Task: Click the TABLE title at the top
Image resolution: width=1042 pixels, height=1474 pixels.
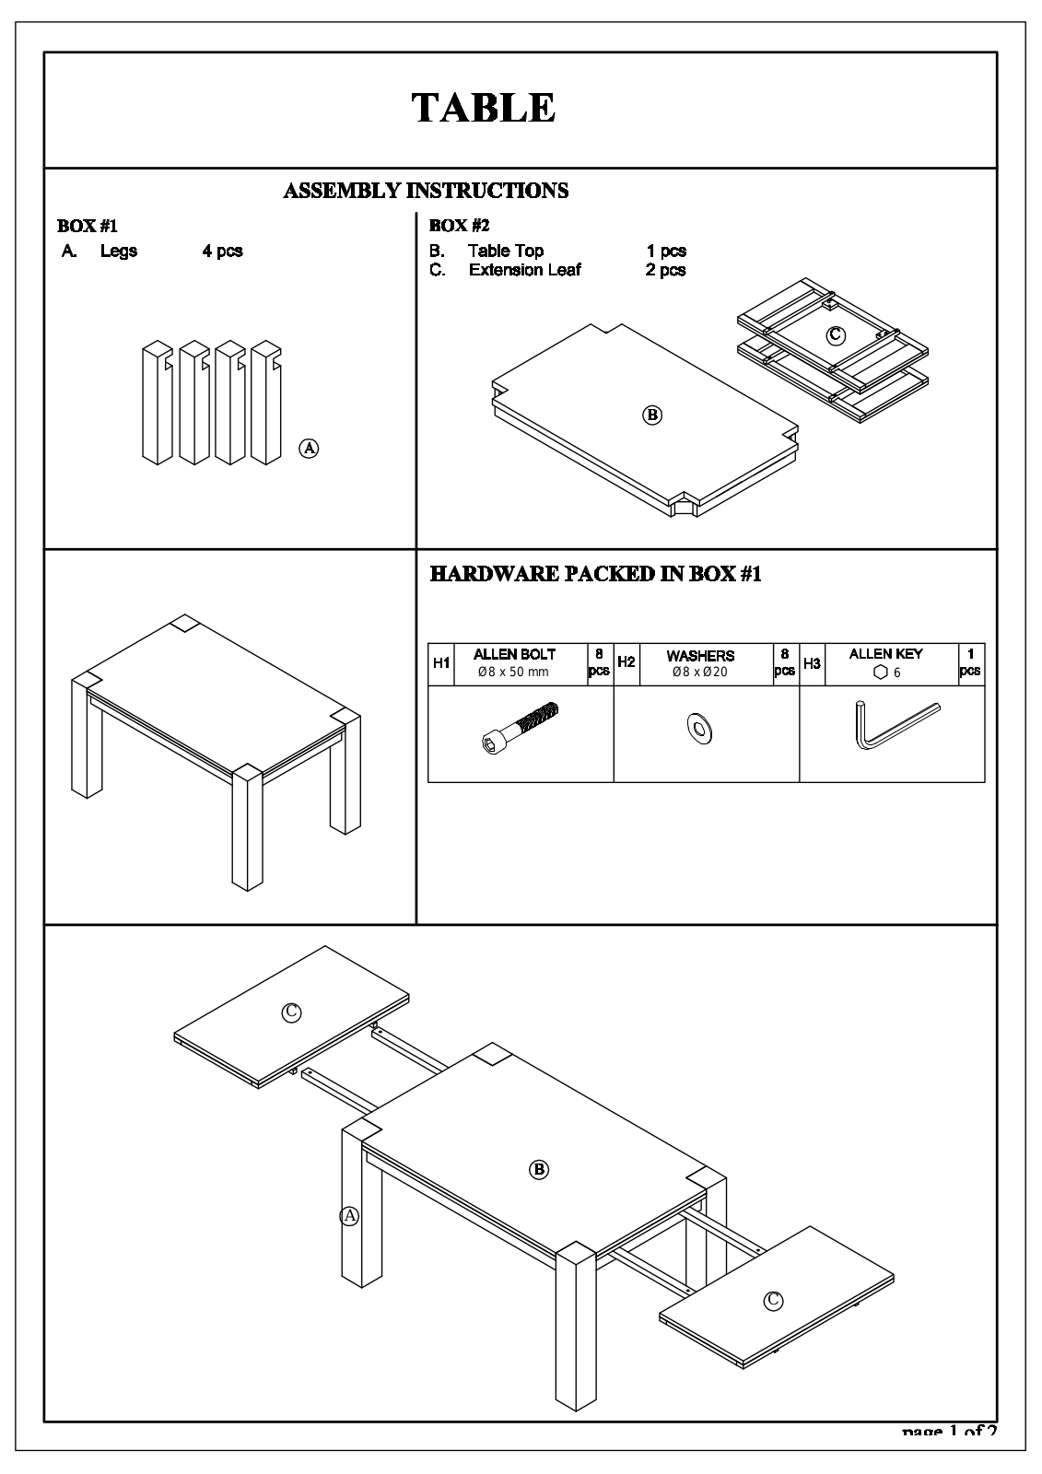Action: point(483,108)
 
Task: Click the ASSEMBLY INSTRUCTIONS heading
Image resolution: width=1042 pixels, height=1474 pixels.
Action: point(426,191)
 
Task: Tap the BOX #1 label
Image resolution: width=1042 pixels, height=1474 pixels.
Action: point(88,226)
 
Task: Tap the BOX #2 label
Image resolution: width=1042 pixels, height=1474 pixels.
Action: point(459,226)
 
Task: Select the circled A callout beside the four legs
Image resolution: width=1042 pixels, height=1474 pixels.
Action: point(310,449)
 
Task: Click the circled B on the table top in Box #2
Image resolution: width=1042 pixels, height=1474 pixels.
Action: point(652,415)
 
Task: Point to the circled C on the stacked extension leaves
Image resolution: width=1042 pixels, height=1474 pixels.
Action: point(835,335)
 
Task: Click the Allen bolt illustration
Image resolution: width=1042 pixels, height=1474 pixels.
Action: point(521,727)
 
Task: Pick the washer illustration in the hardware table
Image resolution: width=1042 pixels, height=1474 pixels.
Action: point(699,729)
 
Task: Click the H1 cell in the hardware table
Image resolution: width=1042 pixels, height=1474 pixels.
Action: point(441,663)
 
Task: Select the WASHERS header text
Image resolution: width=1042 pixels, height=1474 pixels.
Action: point(700,656)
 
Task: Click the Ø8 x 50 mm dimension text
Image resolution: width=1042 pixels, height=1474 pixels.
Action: point(513,673)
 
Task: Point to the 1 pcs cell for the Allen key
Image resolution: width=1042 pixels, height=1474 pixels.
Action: point(970,662)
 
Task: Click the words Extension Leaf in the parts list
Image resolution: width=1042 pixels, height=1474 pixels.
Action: point(524,270)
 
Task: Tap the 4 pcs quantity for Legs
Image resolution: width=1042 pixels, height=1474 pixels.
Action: point(222,251)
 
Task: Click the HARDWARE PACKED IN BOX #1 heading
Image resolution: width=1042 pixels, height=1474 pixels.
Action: point(595,574)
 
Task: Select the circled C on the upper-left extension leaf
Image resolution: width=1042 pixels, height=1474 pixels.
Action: point(290,1012)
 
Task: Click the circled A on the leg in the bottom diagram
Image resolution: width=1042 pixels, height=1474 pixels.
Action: point(349,1215)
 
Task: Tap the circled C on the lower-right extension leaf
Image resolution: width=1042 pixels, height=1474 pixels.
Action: point(773,1300)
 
